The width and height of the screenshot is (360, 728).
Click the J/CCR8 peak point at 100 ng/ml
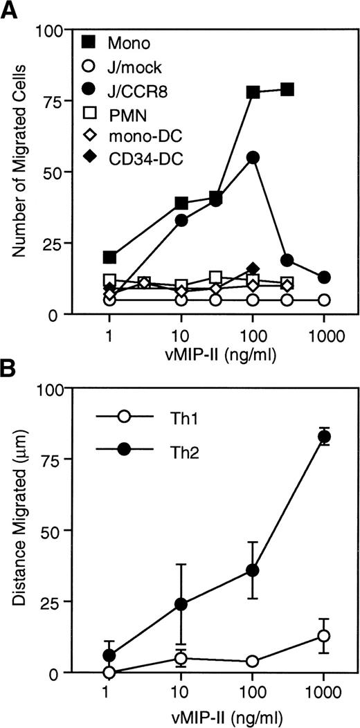(x=253, y=158)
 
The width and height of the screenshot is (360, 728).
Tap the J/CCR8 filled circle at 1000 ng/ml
(x=323, y=277)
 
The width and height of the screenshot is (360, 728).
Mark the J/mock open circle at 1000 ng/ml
(x=323, y=300)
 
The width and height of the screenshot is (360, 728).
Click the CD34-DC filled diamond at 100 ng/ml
(x=253, y=269)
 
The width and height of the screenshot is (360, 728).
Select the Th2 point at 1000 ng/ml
(x=323, y=437)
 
